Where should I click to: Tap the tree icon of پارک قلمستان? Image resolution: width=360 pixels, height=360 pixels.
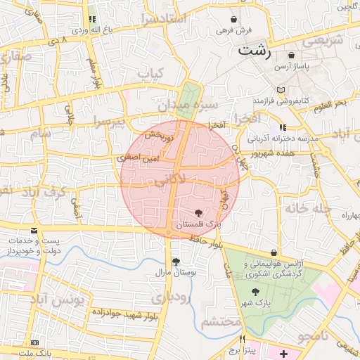pos(200,212)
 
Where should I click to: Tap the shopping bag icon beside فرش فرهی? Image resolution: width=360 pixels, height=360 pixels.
pos(233,19)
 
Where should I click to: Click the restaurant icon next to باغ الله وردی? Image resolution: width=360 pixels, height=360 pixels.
pos(92,20)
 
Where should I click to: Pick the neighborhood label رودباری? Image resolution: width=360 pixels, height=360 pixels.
pos(170,297)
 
